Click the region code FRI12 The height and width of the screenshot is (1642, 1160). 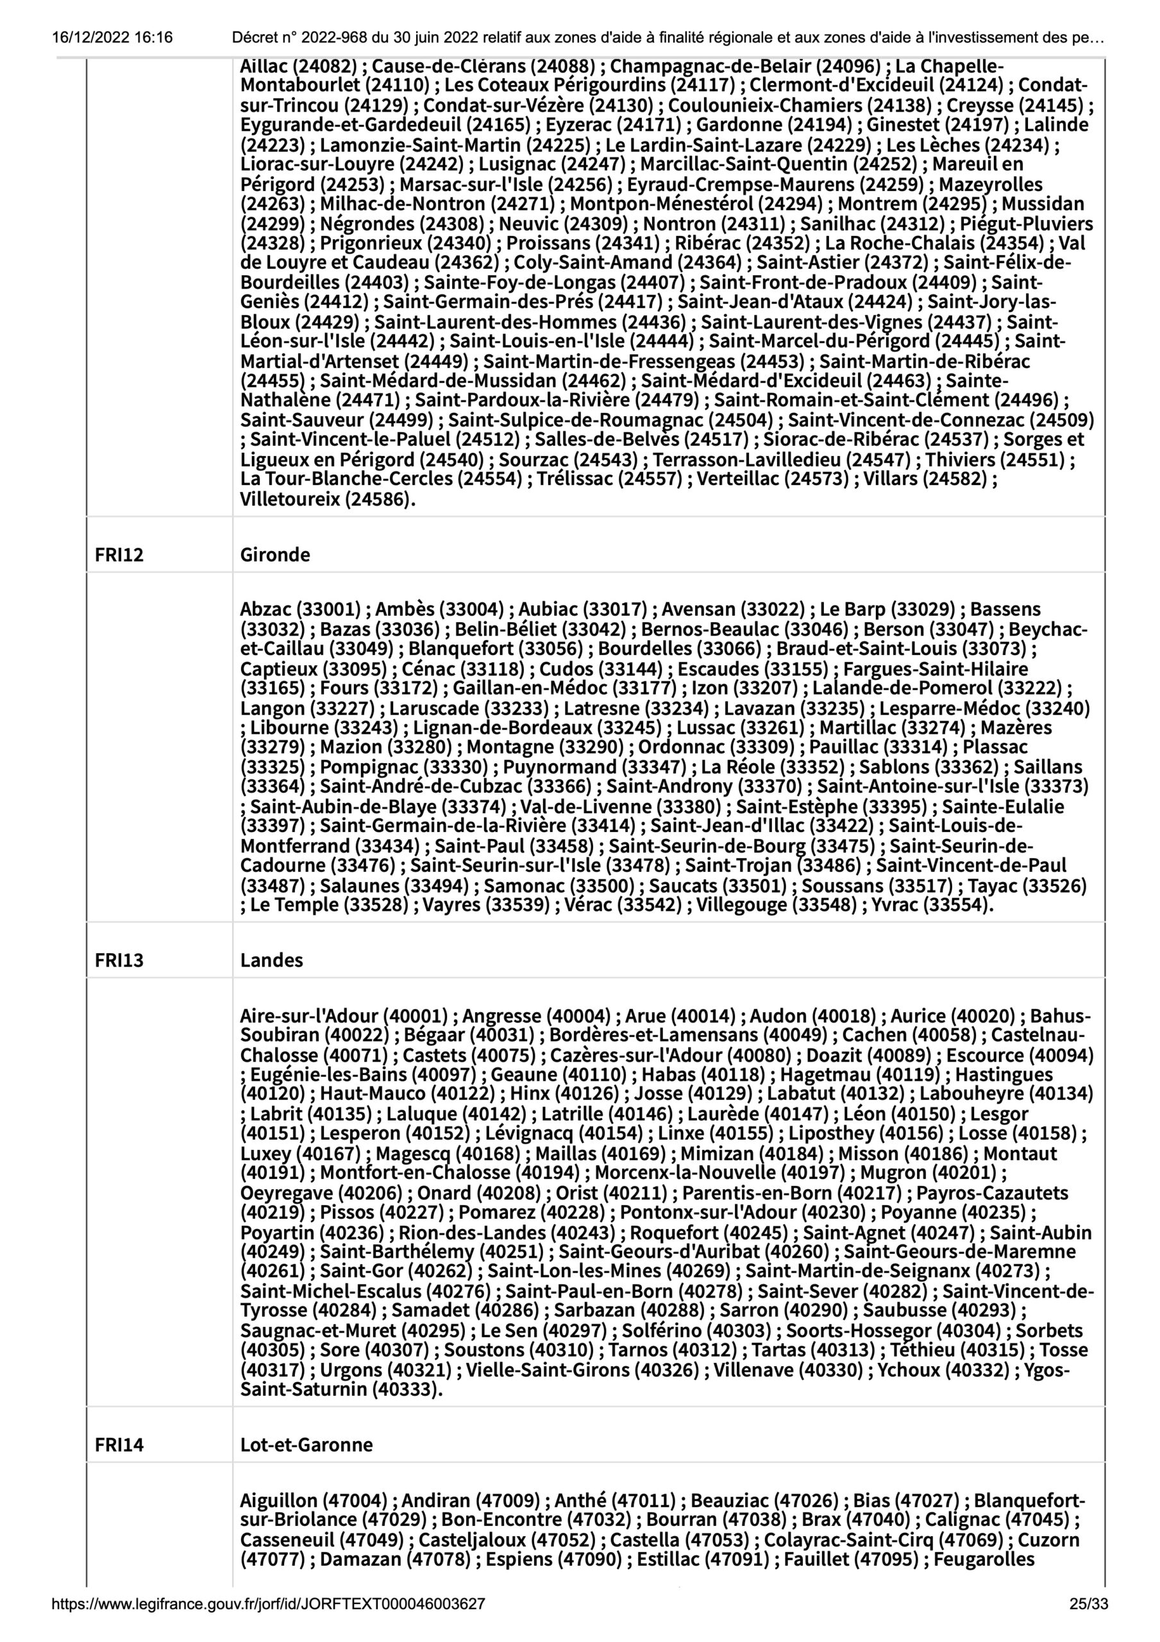[x=119, y=555]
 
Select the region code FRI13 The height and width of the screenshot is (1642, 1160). [x=119, y=960]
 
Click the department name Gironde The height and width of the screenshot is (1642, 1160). [x=275, y=555]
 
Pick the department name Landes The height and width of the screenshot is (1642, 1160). [x=272, y=960]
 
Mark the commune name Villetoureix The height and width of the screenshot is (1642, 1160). [x=290, y=499]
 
